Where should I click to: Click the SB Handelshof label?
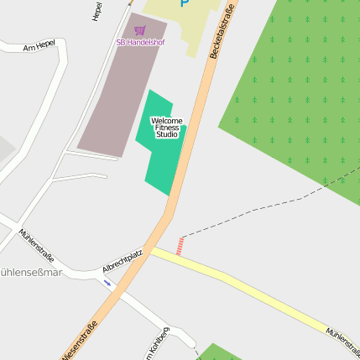(x=140, y=42)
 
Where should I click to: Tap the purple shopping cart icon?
(x=140, y=30)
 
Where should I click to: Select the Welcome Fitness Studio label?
(x=166, y=128)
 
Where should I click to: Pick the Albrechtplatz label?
(x=123, y=260)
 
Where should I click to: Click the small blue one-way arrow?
(x=107, y=283)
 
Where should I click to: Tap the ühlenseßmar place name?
(x=30, y=273)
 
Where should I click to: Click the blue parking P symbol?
(x=185, y=3)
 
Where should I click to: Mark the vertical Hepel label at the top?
(x=97, y=11)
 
